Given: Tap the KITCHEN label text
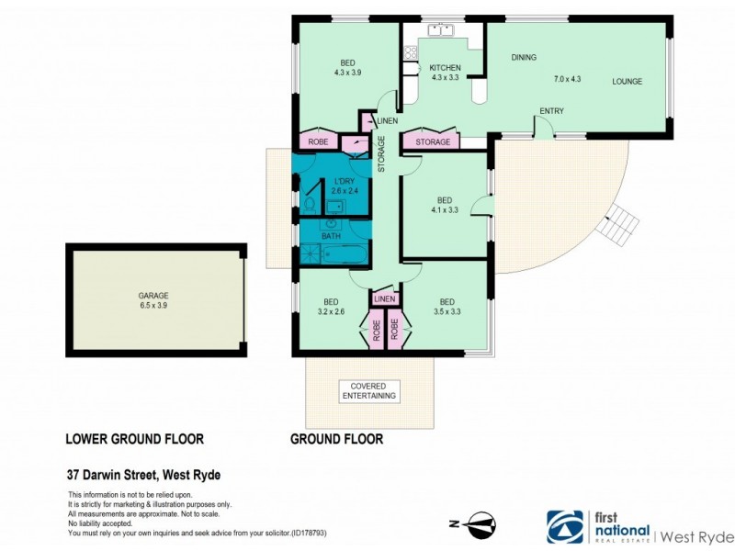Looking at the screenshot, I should [x=446, y=68].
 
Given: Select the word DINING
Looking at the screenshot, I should [x=524, y=58].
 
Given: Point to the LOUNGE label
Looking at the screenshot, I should [x=628, y=81].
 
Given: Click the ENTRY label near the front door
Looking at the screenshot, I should [x=551, y=112].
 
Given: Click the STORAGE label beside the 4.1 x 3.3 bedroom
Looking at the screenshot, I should [x=433, y=142].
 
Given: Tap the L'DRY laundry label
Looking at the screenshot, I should [x=345, y=180].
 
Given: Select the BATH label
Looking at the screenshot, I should [x=331, y=237].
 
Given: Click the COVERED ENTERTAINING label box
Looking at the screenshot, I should [x=367, y=391].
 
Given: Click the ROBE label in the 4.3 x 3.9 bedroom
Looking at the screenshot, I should [x=319, y=142].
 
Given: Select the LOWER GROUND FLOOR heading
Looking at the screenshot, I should [x=134, y=439].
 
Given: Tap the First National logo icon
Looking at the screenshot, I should [x=564, y=527].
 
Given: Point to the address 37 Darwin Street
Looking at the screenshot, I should [x=143, y=475].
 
